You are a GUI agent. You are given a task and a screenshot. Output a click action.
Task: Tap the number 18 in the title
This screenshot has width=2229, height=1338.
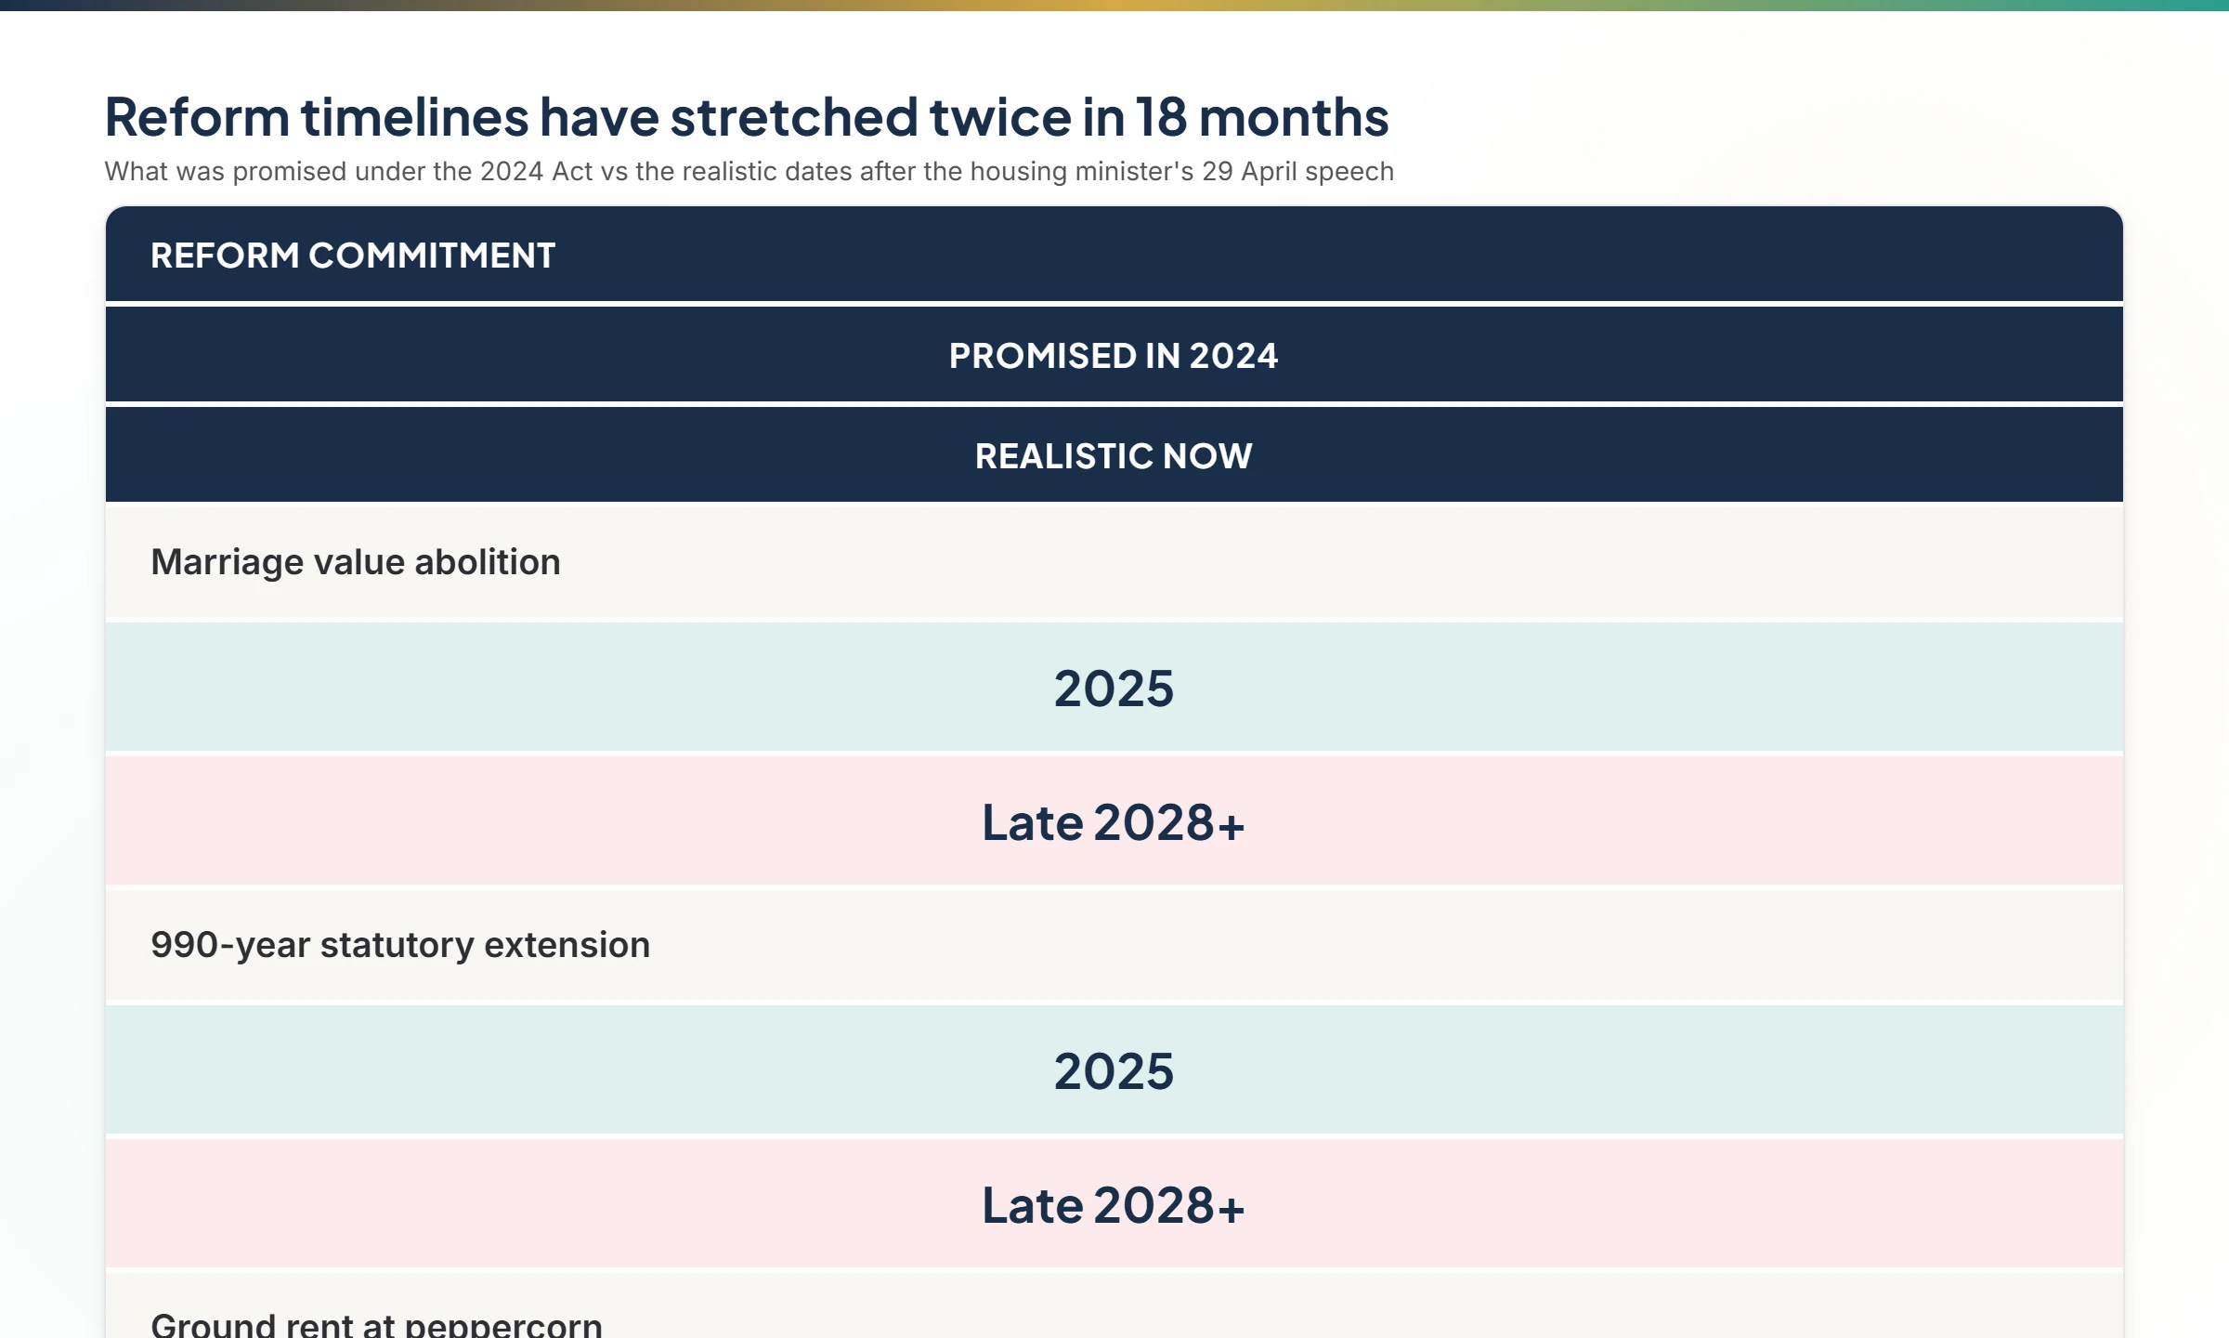pos(1160,118)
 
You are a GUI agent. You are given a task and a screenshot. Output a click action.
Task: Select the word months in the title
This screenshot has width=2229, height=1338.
pos(1294,118)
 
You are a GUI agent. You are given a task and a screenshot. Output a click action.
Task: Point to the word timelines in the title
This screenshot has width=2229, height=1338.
pos(414,118)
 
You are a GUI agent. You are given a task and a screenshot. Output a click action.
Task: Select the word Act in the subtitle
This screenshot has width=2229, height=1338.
pos(572,172)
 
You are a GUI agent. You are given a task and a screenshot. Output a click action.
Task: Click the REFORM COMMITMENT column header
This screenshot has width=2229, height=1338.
pos(353,256)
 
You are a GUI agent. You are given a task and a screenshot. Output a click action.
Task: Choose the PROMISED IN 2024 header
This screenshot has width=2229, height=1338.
pos(1114,356)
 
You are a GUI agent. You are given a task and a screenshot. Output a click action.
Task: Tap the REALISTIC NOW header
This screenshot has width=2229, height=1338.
pos(1114,456)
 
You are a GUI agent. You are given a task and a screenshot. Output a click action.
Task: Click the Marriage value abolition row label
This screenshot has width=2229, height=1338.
pos(356,562)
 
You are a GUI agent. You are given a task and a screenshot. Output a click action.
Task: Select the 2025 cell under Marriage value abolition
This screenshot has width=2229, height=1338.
pos(1114,689)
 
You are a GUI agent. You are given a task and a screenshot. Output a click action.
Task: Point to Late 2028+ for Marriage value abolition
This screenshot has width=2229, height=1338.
pos(1114,822)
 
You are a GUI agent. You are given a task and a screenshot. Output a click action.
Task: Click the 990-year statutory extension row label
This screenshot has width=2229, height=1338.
pos(400,945)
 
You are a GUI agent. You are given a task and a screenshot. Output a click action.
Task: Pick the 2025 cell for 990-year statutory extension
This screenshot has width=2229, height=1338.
pos(1114,1071)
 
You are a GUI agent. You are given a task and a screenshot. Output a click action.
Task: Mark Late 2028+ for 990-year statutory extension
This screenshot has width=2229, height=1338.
pos(1114,1205)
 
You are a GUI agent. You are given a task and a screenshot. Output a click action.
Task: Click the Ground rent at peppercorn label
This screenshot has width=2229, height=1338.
pos(376,1324)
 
